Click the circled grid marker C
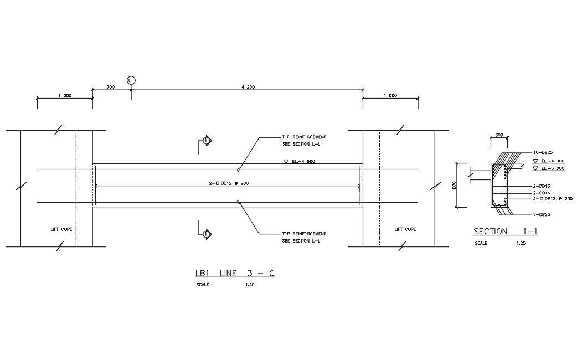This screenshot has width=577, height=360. [x=131, y=80]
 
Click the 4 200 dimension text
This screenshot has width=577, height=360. [x=248, y=88]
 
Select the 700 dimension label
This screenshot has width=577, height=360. [x=111, y=88]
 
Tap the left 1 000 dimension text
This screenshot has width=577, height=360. [x=65, y=95]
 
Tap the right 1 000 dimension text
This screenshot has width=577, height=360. [x=390, y=95]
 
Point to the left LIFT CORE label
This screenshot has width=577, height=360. [x=61, y=229]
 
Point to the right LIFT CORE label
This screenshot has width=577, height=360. [x=405, y=229]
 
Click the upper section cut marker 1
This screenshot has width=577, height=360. [x=206, y=141]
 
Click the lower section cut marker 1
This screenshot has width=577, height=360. [x=206, y=234]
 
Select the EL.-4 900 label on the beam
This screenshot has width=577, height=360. [x=299, y=162]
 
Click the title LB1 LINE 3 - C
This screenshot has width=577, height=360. [x=235, y=274]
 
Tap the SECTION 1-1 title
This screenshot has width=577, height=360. [x=505, y=232]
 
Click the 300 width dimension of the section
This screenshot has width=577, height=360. [x=499, y=135]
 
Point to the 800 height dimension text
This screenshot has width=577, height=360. [x=454, y=186]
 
